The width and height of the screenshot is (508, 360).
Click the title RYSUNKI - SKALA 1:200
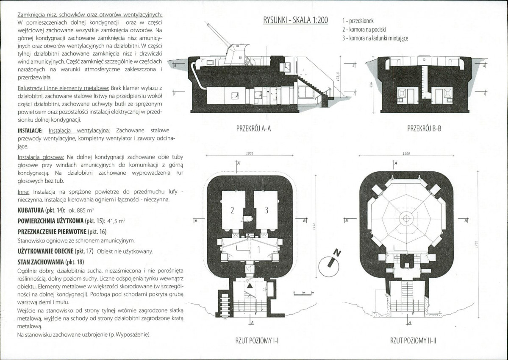click(295, 20)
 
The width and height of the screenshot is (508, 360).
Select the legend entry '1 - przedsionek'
click(358, 21)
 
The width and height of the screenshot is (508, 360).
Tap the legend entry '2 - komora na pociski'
click(364, 30)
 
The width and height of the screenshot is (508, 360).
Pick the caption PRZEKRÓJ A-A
click(254, 129)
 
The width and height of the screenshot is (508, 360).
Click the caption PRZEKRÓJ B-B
click(424, 129)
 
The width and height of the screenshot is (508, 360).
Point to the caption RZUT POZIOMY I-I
click(257, 340)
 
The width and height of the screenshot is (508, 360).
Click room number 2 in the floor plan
click(232, 210)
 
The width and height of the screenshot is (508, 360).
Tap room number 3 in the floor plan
click(266, 210)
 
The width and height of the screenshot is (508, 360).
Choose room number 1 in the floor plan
click(258, 249)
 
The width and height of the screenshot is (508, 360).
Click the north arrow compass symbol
click(330, 263)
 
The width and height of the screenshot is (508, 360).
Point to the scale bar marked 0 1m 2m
click(303, 293)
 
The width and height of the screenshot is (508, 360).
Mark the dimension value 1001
click(250, 153)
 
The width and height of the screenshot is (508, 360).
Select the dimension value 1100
click(406, 153)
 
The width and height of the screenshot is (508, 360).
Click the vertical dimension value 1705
click(476, 244)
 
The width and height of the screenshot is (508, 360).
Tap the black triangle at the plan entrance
click(250, 286)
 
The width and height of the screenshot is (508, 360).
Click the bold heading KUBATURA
click(31, 210)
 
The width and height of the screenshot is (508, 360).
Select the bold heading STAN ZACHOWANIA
click(41, 262)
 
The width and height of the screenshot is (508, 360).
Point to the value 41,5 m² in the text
click(117, 221)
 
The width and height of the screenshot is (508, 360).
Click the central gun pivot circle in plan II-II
click(405, 218)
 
